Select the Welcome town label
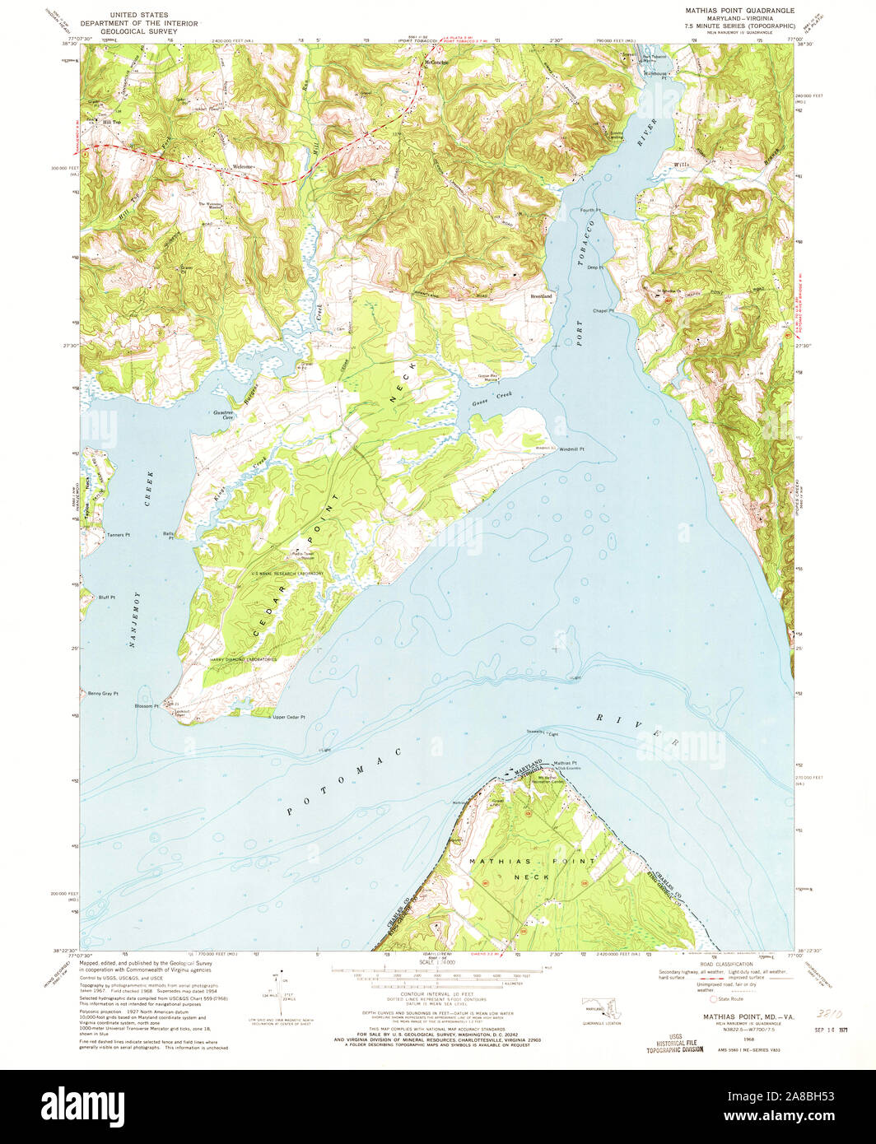(x=243, y=167)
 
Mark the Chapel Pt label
(x=603, y=310)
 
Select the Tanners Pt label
(x=119, y=535)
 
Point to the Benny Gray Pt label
(x=104, y=694)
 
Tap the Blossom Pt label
(x=147, y=706)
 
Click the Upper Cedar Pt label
(x=288, y=717)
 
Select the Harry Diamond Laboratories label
(x=243, y=659)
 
